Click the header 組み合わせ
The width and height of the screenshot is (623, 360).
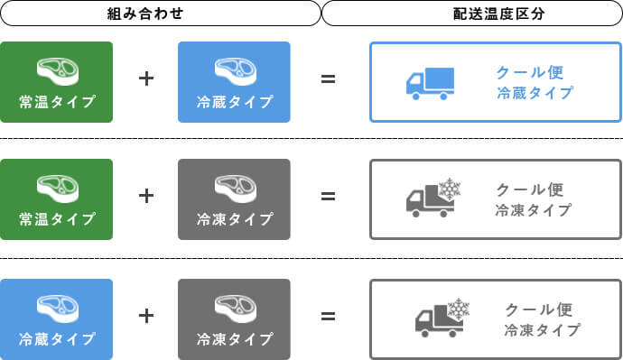159,14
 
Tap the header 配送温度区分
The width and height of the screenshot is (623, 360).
472,14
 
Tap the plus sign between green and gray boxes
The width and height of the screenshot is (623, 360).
146,196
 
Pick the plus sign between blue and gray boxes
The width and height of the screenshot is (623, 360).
146,316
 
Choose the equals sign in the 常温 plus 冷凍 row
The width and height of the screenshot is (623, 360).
329,196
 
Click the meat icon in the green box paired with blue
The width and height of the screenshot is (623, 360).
56,69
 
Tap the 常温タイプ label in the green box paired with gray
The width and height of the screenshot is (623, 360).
57,218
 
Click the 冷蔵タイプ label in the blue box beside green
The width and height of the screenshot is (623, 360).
235,101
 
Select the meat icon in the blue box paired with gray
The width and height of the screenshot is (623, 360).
56,307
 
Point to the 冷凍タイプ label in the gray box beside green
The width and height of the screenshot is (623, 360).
235,218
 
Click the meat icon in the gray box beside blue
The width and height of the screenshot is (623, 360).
235,307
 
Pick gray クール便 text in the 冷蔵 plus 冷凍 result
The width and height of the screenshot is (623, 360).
539,309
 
